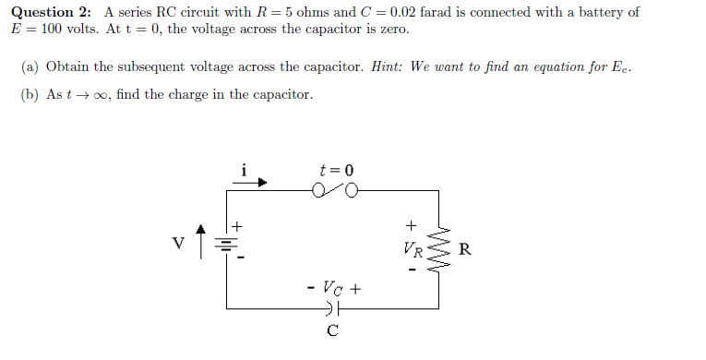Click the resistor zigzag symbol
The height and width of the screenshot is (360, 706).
pos(442,249)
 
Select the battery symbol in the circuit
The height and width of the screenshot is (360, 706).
pos(225,246)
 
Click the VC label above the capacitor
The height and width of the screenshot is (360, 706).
pos(333,288)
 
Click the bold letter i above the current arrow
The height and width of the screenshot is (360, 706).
pos(244,169)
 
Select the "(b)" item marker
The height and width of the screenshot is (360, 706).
pos(30,95)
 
